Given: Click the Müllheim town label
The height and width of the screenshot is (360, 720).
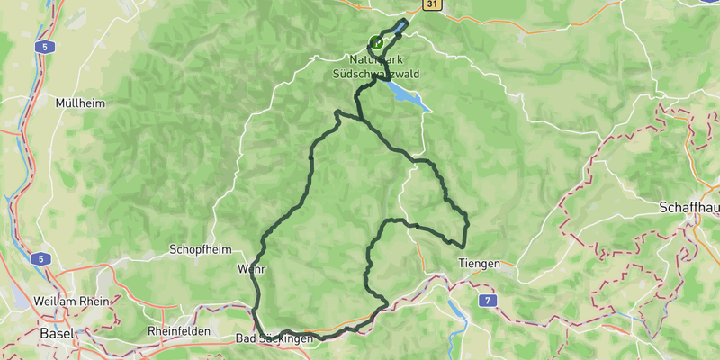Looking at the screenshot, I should [80, 103].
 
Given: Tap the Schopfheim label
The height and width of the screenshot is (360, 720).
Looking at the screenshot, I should [200, 249].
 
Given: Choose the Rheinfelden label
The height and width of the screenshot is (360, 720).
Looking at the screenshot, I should [179, 331].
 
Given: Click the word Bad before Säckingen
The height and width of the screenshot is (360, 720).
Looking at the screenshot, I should [245, 339].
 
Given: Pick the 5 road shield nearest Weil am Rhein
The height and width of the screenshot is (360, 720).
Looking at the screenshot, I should [40, 259].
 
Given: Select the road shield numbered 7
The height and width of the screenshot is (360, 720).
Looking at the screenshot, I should [488, 299].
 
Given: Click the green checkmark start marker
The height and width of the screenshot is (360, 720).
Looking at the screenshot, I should [377, 41].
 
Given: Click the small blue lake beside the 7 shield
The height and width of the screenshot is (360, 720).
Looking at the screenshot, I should [456, 310].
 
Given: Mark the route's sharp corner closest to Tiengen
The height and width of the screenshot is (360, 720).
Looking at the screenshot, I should [463, 245].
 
